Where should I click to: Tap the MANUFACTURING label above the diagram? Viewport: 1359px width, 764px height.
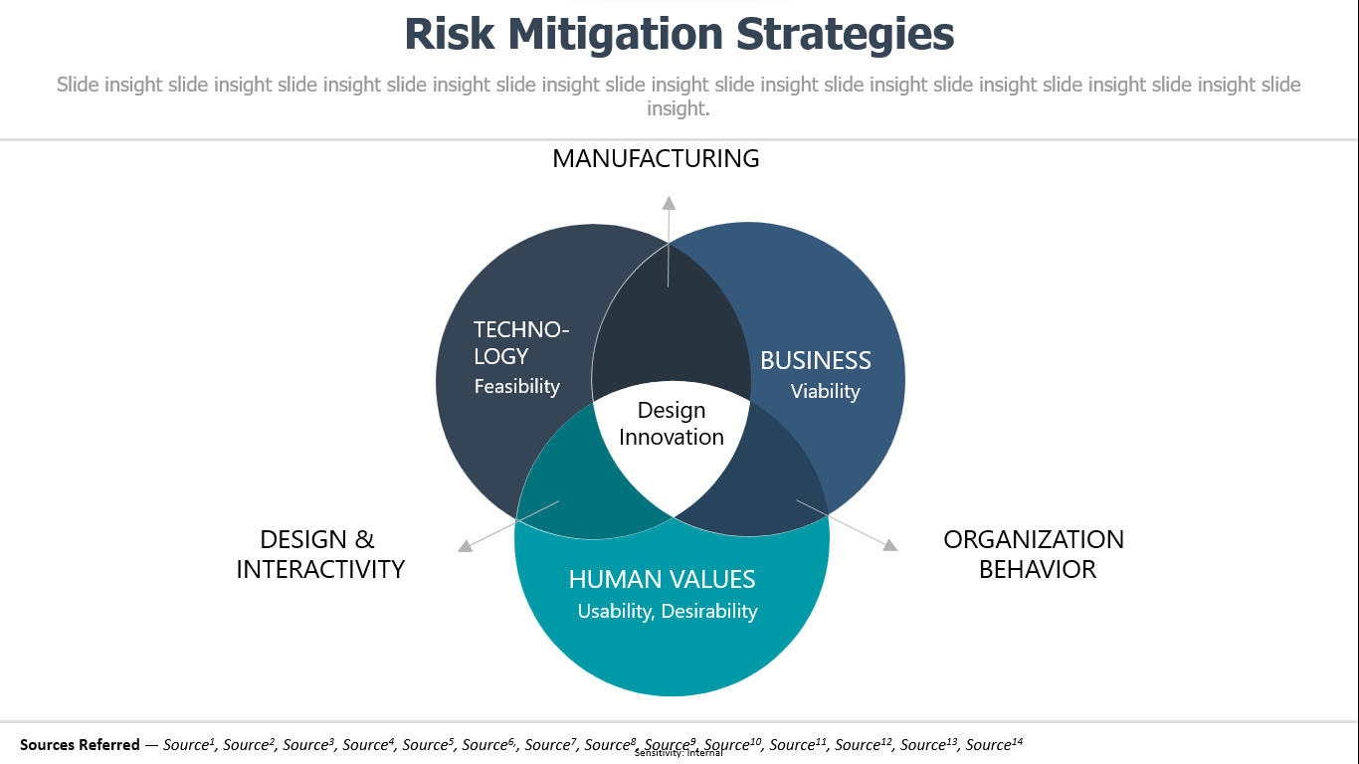[656, 158]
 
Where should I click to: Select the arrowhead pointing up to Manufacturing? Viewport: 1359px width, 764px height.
[669, 203]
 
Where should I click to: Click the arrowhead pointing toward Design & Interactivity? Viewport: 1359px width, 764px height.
[466, 545]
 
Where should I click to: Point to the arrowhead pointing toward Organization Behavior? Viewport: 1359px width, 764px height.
[890, 544]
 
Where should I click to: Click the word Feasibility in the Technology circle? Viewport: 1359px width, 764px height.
[517, 387]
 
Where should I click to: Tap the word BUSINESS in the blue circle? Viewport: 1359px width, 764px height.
[816, 360]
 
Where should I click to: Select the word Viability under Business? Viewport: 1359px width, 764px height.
[825, 391]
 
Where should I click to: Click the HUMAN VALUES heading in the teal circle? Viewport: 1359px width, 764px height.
[662, 579]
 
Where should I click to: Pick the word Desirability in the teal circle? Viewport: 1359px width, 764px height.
[709, 611]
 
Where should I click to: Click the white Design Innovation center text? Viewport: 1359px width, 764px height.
[672, 424]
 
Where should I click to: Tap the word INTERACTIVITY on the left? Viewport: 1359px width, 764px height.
[320, 569]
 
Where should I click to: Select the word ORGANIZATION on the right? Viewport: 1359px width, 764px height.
[1034, 539]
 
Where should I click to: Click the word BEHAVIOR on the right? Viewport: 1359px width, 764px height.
[1038, 569]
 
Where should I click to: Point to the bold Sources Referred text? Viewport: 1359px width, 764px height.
[80, 744]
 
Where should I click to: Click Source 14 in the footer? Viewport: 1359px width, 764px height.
[994, 744]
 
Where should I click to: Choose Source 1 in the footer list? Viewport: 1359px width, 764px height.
[189, 744]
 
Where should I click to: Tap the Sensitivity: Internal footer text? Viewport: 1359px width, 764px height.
[679, 753]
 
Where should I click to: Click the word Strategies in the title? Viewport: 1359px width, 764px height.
[845, 35]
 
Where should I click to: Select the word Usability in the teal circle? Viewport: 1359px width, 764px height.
[615, 611]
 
